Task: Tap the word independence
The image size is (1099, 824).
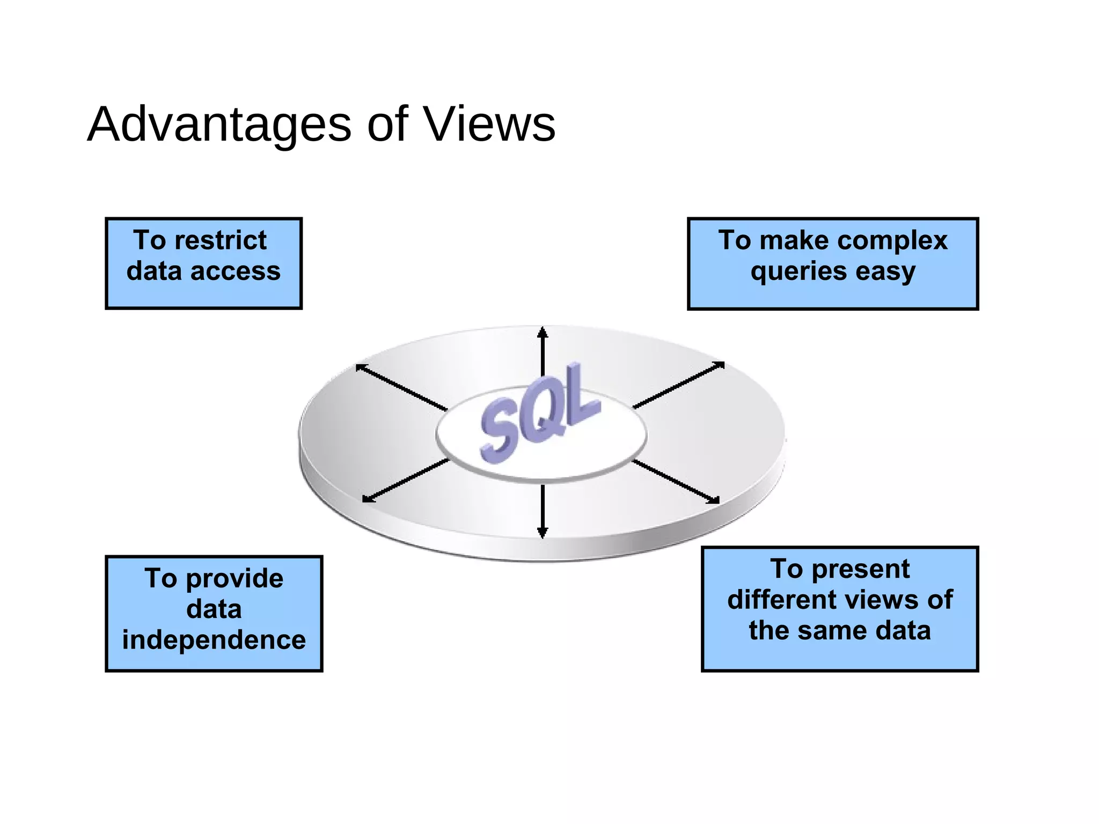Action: pyautogui.click(x=214, y=640)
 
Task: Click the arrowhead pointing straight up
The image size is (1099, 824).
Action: pyautogui.click(x=543, y=332)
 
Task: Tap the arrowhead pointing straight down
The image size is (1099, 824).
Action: pyautogui.click(x=543, y=533)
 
